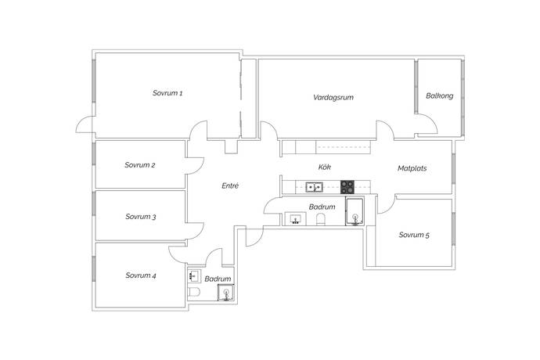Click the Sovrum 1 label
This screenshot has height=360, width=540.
(x=167, y=93)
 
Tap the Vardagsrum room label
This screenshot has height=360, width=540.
(x=333, y=97)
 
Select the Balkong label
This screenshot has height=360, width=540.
(x=440, y=95)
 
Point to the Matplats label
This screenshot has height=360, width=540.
(x=412, y=168)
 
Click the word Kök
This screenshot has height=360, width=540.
(x=325, y=167)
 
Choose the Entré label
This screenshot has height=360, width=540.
(x=230, y=185)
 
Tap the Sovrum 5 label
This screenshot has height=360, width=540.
(x=414, y=235)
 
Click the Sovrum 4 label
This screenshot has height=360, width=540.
(x=141, y=275)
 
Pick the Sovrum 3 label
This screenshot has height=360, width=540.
(x=141, y=217)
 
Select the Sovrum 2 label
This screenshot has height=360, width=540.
(x=140, y=165)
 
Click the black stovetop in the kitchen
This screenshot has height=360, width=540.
(x=347, y=187)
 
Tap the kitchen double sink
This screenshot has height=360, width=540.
(x=314, y=187)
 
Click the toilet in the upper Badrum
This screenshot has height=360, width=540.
(x=321, y=219)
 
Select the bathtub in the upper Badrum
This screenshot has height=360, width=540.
(x=355, y=211)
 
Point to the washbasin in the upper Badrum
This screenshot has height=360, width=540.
(x=296, y=219)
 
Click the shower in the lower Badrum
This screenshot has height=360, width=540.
(x=226, y=293)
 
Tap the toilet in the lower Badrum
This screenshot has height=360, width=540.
(x=194, y=292)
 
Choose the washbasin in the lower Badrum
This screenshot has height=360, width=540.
(x=194, y=275)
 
